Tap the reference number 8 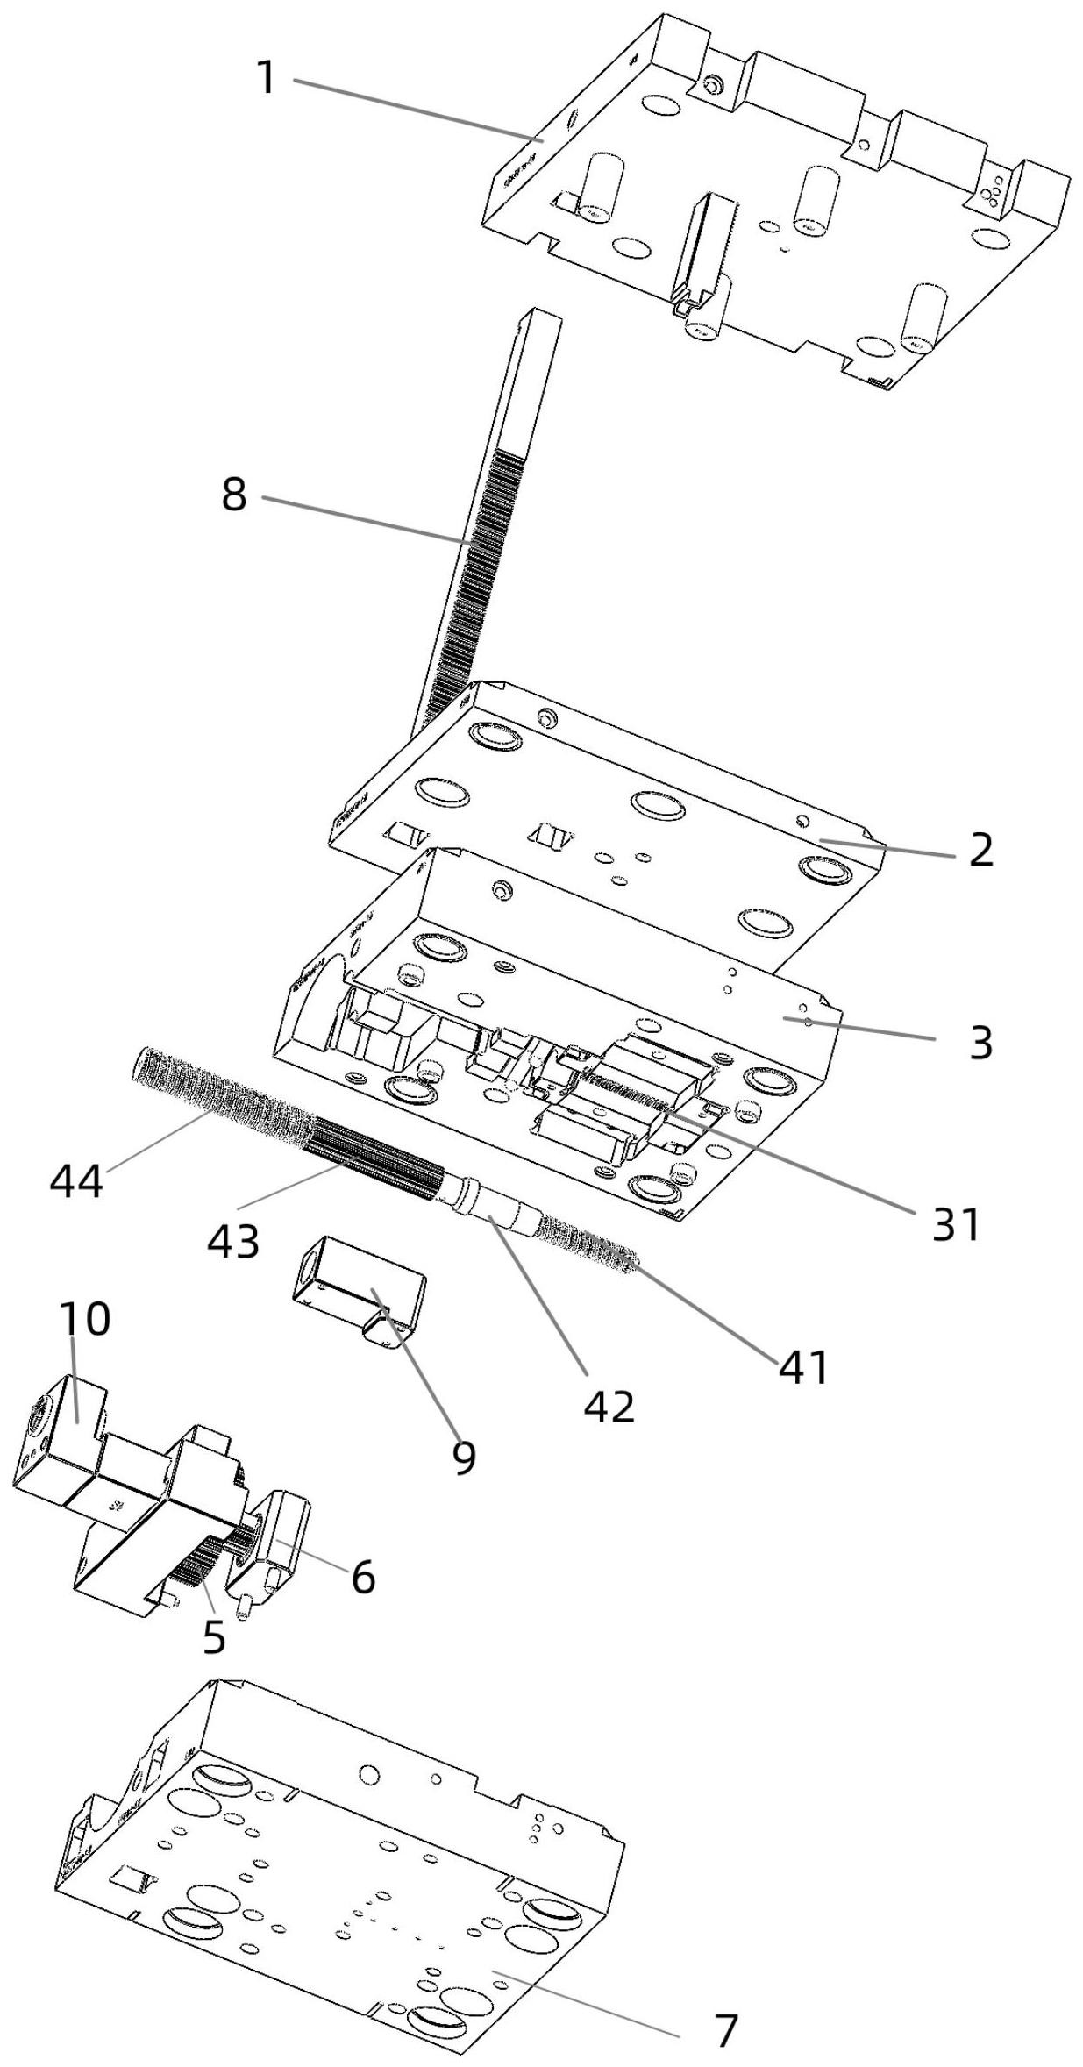coord(234,495)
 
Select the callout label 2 coord(981,850)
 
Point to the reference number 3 coord(981,1043)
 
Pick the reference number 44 coord(75,1181)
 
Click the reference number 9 coord(464,1457)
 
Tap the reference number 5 coord(214,1636)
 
